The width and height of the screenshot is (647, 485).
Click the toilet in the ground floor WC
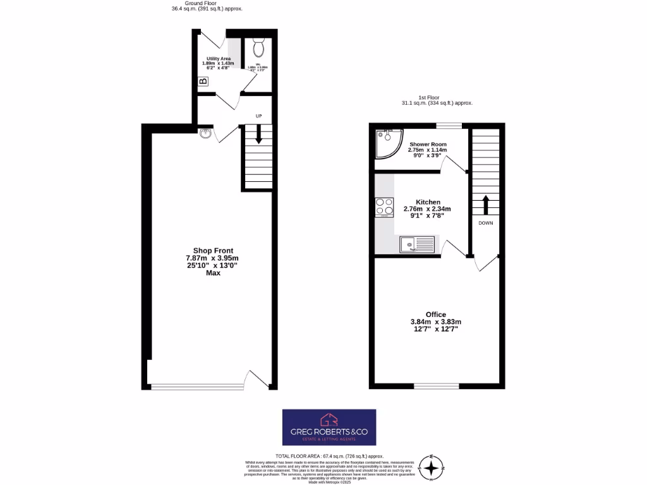(x=258, y=48)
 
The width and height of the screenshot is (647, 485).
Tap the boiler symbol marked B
(x=203, y=81)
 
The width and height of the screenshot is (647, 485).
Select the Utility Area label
(x=219, y=59)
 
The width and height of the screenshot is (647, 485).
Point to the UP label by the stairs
(x=258, y=116)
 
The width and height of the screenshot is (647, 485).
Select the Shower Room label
(x=428, y=145)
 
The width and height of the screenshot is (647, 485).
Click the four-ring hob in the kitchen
(x=384, y=207)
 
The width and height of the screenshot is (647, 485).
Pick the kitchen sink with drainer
(x=418, y=243)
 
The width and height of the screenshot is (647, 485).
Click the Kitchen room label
(x=428, y=202)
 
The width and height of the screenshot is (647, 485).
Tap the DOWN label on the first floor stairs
(x=486, y=223)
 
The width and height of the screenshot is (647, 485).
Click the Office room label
(x=436, y=314)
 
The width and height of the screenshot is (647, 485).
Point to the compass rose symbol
(x=432, y=468)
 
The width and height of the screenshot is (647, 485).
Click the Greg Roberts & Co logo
(x=329, y=428)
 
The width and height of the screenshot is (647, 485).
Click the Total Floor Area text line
(x=329, y=456)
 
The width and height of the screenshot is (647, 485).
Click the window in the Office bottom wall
(x=437, y=386)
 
